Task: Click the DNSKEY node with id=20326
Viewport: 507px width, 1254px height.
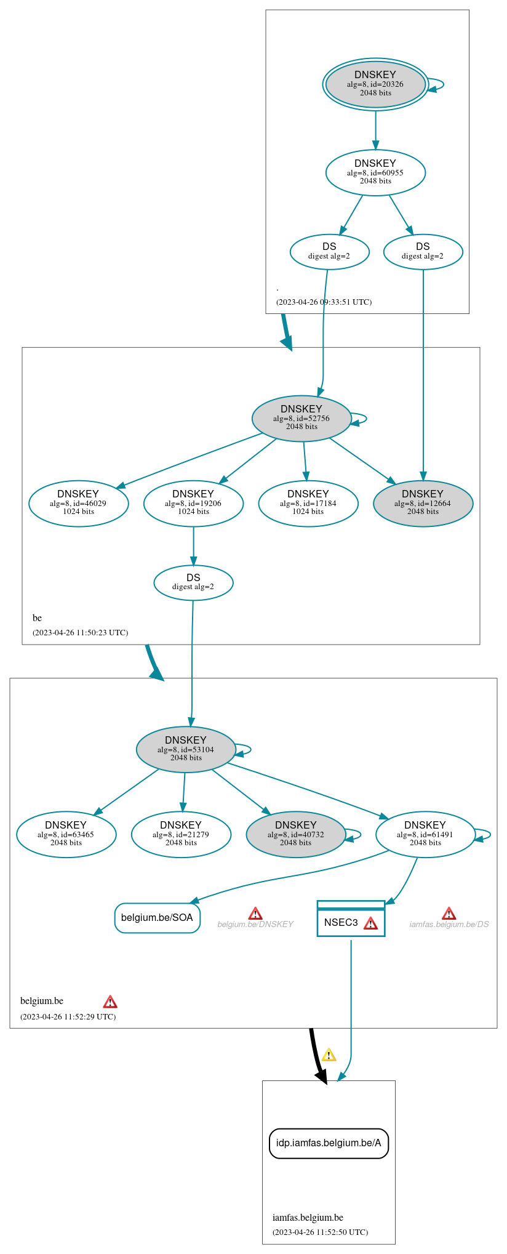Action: (375, 84)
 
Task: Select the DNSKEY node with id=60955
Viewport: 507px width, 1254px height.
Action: (375, 172)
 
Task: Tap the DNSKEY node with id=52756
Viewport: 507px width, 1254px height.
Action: (301, 418)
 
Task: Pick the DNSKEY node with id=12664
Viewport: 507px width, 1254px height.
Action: (423, 503)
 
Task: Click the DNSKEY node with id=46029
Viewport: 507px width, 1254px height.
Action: (78, 503)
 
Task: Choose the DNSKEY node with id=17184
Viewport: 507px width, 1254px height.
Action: (308, 503)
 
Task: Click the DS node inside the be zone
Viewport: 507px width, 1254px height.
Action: (193, 582)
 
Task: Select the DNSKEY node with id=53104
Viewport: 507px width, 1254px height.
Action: (186, 749)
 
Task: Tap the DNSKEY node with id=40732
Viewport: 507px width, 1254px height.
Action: (296, 834)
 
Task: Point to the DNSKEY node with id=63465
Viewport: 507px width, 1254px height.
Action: (66, 834)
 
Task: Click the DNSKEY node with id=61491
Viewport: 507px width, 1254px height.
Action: (425, 834)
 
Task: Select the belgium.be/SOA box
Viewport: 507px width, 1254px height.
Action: (157, 917)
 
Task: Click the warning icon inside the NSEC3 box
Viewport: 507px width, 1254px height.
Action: (370, 923)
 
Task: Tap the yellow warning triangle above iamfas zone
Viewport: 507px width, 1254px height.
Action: (329, 1055)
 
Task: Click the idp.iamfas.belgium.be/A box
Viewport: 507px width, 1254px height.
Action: (329, 1143)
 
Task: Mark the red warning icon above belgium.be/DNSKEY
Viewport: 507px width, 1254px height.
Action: (255, 913)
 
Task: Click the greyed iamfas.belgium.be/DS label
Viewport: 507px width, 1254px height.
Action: (449, 924)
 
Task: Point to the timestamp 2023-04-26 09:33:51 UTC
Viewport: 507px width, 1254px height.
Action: (324, 302)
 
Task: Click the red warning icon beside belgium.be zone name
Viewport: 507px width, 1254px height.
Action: (110, 1001)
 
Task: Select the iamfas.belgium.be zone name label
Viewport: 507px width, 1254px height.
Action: (308, 1217)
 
